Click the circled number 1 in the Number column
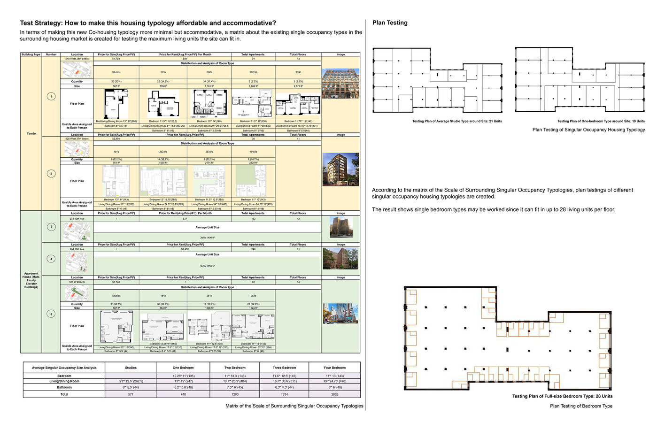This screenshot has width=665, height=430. pos(51,96)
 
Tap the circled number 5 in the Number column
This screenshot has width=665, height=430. pos(51,314)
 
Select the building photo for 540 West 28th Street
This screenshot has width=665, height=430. pos(340,83)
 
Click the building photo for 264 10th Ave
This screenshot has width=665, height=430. pos(340,259)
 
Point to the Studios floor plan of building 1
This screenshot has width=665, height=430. pos(116,104)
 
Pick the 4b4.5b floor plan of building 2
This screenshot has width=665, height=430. pos(253,181)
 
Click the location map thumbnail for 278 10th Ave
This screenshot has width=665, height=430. pos(77,231)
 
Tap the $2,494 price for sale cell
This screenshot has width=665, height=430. pos(116,139)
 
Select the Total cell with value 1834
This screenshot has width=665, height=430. pos(284,394)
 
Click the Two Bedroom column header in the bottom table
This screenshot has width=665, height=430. pos(234,368)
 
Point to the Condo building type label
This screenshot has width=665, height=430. pos(31,133)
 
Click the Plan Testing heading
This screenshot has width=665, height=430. pos(390,23)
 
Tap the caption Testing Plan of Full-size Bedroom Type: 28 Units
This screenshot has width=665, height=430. pos(562,396)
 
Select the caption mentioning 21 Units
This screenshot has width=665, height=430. pos(456,121)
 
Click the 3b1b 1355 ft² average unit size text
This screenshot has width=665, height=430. pos(207,266)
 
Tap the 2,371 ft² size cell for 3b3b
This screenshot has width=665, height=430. pos(298,86)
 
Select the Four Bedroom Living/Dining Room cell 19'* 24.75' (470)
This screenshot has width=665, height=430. pos(334,381)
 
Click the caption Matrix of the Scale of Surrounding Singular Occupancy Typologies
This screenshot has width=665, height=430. pos(294,406)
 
